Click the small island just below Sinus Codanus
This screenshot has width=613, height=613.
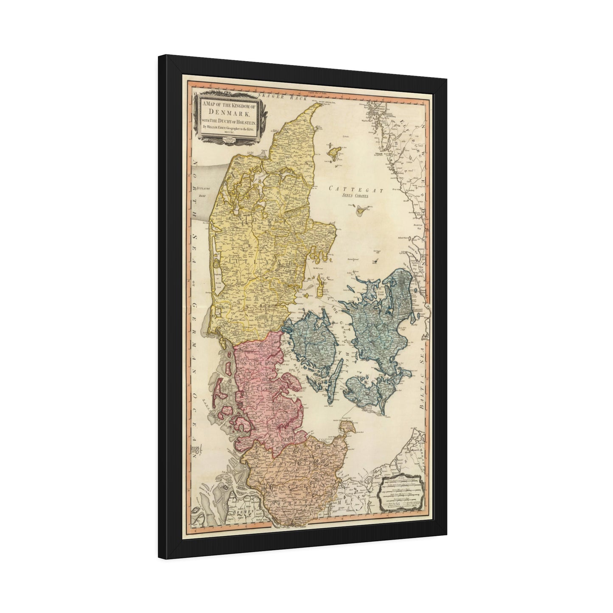point(362,209)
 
